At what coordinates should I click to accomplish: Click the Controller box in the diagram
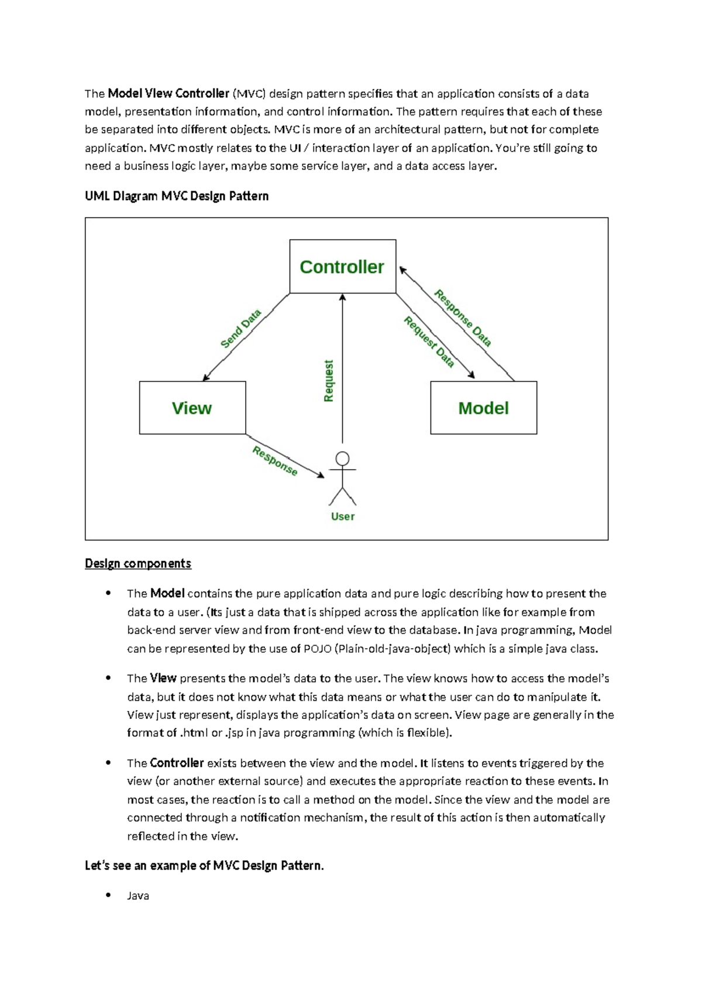click(x=342, y=267)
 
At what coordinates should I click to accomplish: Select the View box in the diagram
click(x=192, y=408)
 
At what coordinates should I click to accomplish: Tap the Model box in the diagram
click(x=483, y=408)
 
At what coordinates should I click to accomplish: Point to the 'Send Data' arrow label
click(x=240, y=329)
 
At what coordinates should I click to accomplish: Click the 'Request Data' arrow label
click(x=429, y=342)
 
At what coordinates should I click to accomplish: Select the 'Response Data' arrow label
click(x=462, y=318)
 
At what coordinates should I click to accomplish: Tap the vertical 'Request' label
click(x=328, y=381)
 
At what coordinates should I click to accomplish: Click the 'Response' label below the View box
click(x=275, y=461)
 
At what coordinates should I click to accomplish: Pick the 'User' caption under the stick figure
click(x=343, y=516)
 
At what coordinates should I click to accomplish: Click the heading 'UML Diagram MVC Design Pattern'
click(x=177, y=196)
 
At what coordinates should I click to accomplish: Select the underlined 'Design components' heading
click(x=138, y=563)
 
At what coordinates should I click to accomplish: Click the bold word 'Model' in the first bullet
click(x=167, y=593)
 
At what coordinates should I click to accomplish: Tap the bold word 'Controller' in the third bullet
click(x=177, y=763)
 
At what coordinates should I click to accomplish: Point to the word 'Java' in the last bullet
click(x=138, y=895)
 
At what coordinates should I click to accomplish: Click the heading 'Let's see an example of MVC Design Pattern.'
click(x=204, y=866)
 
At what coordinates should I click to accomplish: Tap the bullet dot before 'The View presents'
click(x=108, y=678)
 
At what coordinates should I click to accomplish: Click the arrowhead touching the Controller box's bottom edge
click(x=343, y=297)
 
